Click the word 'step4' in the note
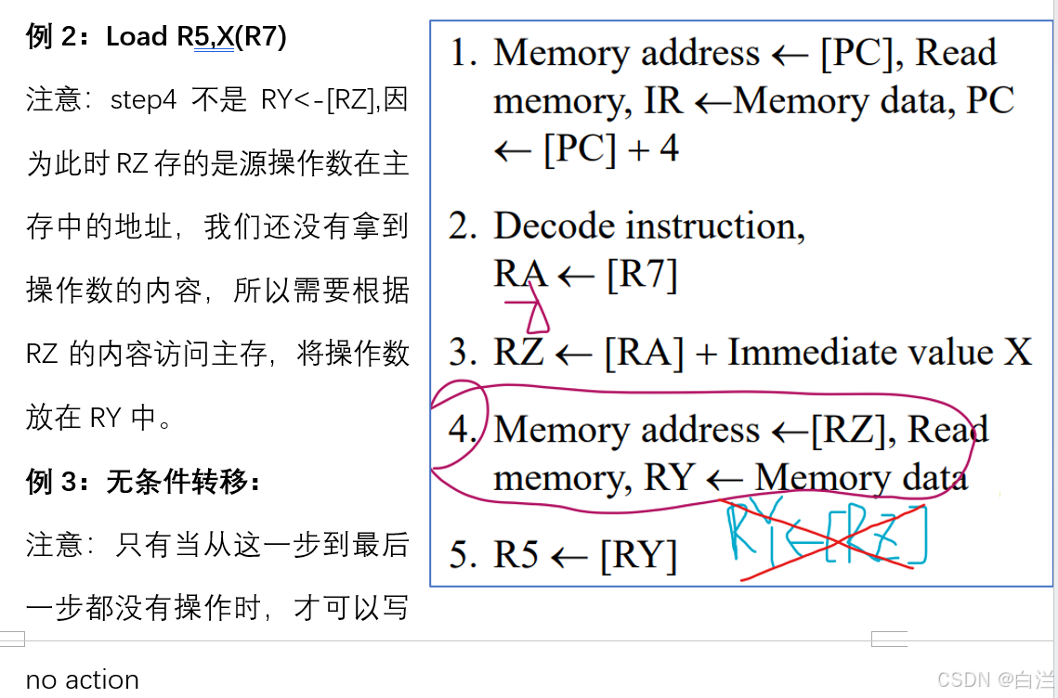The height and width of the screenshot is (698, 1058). click(143, 100)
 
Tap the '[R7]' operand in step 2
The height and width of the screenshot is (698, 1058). click(642, 275)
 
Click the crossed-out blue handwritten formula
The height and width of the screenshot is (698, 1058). click(827, 537)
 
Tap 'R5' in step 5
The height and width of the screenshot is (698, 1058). click(516, 555)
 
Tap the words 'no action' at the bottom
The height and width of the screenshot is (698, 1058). click(83, 679)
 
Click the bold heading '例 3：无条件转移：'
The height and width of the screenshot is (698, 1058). click(144, 483)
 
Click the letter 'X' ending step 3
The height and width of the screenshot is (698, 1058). click(1018, 353)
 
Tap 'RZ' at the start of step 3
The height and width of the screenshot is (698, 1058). click(518, 353)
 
